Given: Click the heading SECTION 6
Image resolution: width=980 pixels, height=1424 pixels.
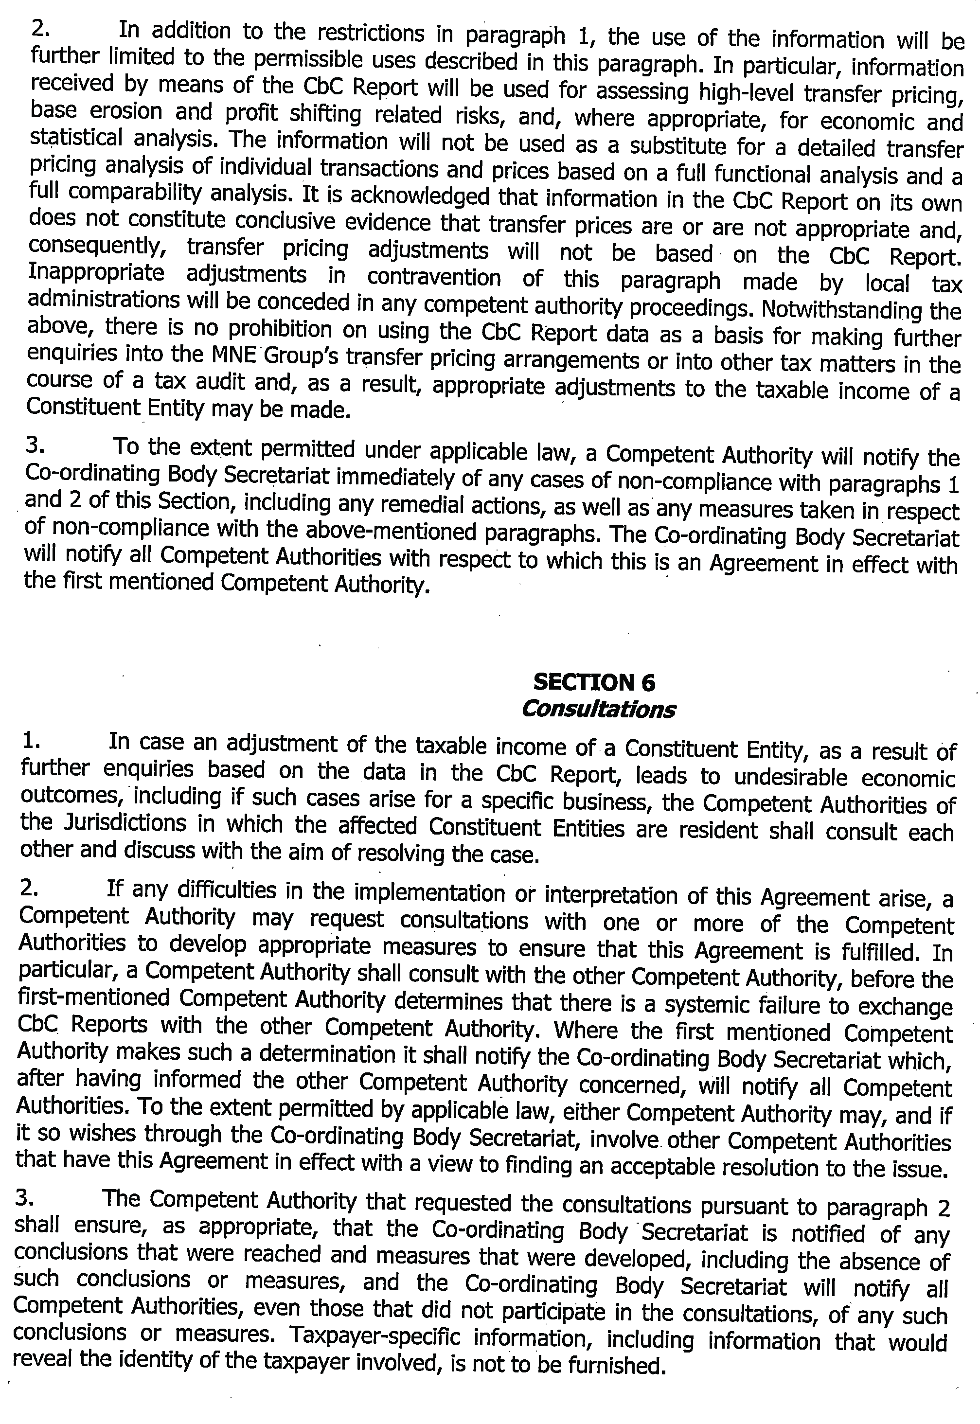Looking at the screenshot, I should pos(594,682).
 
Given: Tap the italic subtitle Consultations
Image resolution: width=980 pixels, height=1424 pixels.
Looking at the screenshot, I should pos(598,709).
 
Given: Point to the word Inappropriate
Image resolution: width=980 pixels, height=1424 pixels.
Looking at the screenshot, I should pos(96,272).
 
